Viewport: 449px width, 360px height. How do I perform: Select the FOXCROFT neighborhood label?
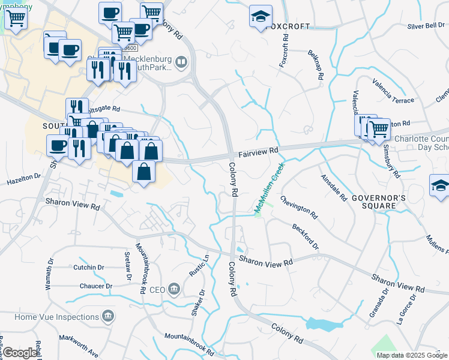(x=288, y=26)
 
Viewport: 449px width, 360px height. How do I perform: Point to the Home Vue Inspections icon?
(x=108, y=316)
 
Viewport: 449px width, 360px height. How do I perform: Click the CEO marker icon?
(x=174, y=289)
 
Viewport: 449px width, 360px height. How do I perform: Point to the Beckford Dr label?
(x=306, y=236)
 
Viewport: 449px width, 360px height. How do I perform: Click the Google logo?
(x=20, y=353)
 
